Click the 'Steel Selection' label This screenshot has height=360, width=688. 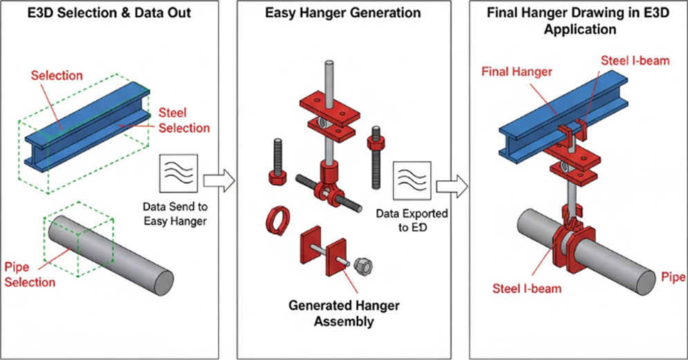[x=184, y=120]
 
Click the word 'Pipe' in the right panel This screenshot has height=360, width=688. [x=673, y=278]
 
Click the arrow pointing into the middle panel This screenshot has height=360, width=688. [x=221, y=181]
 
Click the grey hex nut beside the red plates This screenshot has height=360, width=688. [x=362, y=266]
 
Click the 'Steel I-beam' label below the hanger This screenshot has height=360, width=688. [x=527, y=287]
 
